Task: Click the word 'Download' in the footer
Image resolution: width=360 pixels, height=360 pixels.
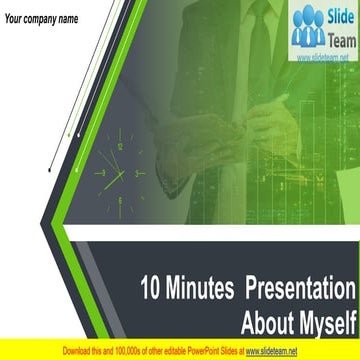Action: [x=80, y=351]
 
